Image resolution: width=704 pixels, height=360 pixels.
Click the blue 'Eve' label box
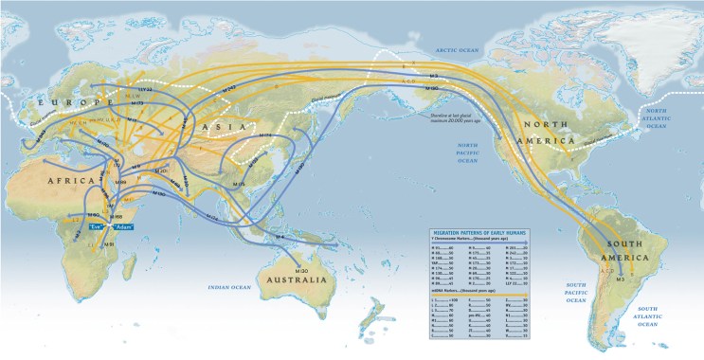(97, 227)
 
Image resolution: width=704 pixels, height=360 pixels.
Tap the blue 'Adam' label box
(121, 227)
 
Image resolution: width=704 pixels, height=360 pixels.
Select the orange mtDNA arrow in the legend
(474, 295)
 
